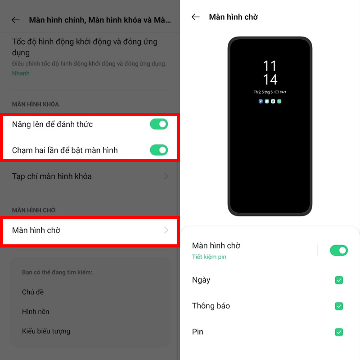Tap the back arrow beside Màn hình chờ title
pos(195,17)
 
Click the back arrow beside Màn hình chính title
pos(16,20)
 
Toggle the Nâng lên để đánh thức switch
pos(159,124)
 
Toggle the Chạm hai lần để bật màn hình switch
pos(159,150)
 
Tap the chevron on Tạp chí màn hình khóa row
pos(166,176)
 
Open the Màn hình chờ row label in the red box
pos(36,230)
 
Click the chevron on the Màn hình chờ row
pos(166,230)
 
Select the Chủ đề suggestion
pos(33,292)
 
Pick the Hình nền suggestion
pos(36,311)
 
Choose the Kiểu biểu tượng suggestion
pos(46,331)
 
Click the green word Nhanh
pos(21,73)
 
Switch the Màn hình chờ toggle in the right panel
pos(339,250)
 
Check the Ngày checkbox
pos(339,280)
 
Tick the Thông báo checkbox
pos(339,306)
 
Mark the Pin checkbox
pos(339,332)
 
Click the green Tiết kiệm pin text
pos(209,257)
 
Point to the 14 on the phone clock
pos(270,80)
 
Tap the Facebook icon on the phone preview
pos(261,102)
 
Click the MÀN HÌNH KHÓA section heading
pos(36,104)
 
